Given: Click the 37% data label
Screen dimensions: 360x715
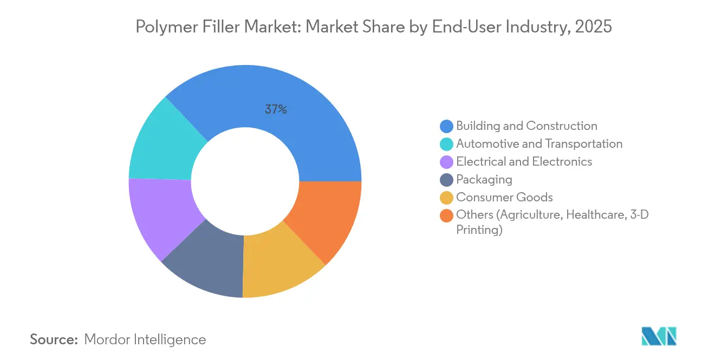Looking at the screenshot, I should (276, 109).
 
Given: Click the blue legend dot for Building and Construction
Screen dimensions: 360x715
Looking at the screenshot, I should (447, 126).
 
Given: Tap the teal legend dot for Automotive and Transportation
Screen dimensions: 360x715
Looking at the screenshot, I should (447, 144).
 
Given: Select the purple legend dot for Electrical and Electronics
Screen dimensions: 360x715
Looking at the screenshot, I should (447, 162).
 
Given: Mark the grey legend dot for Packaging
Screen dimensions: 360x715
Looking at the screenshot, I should (447, 180).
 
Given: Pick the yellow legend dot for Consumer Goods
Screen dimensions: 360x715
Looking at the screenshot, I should (447, 198).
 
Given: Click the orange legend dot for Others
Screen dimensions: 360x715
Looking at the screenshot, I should (447, 215).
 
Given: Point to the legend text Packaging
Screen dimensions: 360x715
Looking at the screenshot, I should (484, 180).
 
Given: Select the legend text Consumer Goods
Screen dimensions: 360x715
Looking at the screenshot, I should (504, 198).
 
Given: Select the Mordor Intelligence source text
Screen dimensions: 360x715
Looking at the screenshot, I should (145, 339).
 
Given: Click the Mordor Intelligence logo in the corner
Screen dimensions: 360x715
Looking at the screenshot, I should (659, 336).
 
